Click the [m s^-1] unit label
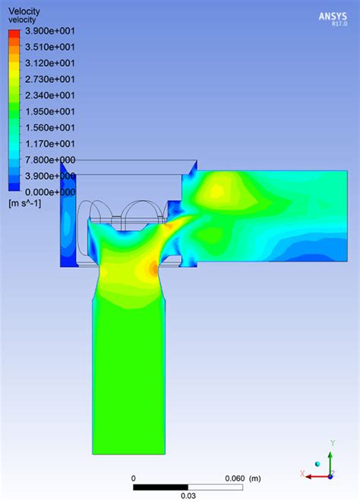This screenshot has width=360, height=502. pos(25,204)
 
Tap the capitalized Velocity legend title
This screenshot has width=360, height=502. pos(24,11)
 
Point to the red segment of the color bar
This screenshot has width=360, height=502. pos(14,39)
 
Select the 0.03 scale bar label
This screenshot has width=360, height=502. pos(188,496)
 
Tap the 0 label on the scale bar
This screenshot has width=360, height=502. pos(134,478)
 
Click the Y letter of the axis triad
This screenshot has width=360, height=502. pos(333,443)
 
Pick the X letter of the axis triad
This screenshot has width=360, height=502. pos(302,473)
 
